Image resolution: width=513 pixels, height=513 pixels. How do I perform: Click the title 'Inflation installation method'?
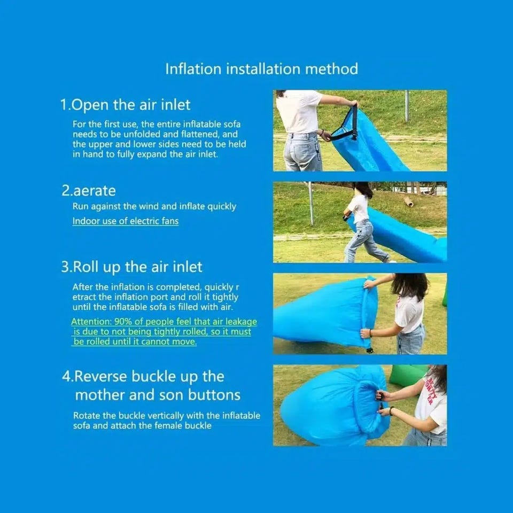point(261,69)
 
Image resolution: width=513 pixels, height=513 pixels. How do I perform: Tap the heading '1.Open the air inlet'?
point(125,105)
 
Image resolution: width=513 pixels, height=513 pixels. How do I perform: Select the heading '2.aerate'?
point(89,191)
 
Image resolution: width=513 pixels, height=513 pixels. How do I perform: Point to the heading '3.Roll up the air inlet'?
point(131,267)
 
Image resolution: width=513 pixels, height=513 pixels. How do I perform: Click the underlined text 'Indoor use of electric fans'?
point(126,221)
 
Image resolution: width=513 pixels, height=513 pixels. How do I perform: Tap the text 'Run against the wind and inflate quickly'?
point(154,207)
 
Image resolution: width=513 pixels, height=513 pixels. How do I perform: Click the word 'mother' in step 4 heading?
point(100,395)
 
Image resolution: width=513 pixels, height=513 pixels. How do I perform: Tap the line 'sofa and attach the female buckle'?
point(142,426)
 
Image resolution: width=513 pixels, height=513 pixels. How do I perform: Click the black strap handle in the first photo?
point(344,126)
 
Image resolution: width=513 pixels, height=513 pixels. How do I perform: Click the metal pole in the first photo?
point(407,106)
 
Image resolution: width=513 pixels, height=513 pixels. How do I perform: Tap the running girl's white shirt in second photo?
point(359,208)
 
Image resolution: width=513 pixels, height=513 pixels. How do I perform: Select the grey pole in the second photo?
point(311,204)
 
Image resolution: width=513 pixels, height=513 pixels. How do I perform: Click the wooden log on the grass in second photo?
point(408,201)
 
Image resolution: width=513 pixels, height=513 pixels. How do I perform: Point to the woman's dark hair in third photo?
point(410,285)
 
